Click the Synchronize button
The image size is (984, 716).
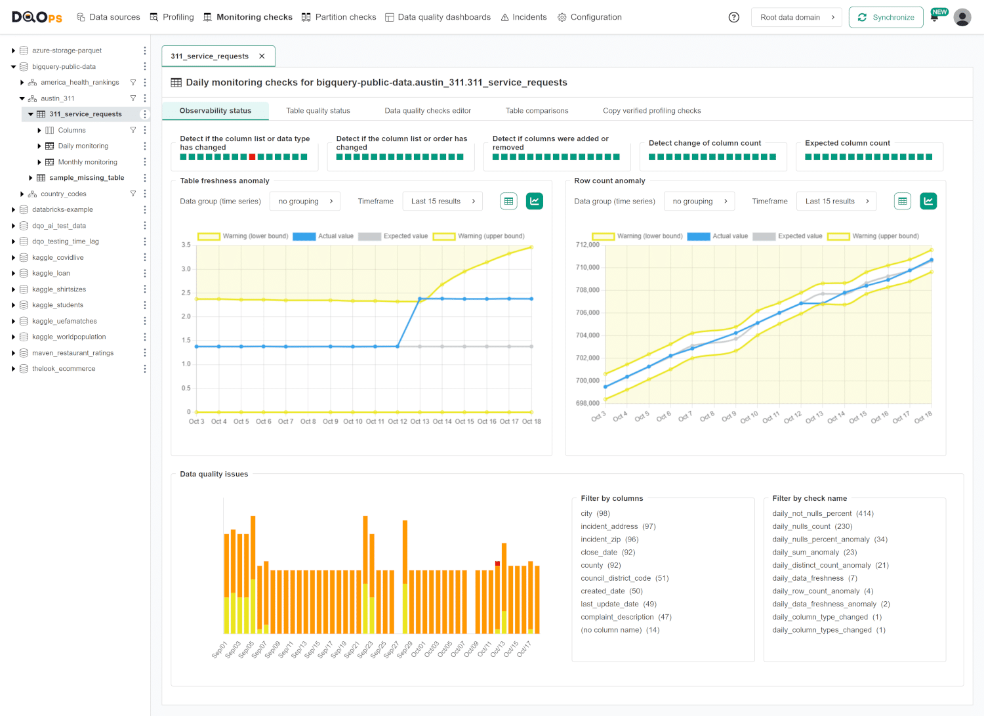[x=886, y=18]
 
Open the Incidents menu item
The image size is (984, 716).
[x=523, y=17]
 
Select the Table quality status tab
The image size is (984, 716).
[x=318, y=111]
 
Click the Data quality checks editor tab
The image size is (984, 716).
[x=427, y=111]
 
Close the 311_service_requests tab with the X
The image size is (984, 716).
[x=262, y=56]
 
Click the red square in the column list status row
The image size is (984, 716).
[x=252, y=157]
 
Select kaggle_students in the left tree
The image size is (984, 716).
[x=58, y=305]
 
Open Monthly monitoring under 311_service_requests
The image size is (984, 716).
[x=87, y=162]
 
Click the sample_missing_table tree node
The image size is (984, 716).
[x=87, y=178]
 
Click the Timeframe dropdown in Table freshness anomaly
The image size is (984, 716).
[x=443, y=201]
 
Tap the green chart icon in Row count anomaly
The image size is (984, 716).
[x=928, y=201]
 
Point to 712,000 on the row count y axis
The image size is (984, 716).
[x=587, y=245]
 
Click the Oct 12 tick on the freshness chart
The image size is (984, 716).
[x=397, y=422]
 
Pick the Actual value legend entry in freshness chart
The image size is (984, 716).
[x=323, y=236]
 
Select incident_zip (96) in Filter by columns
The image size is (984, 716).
[x=609, y=539]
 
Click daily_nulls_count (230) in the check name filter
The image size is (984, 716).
[x=812, y=526]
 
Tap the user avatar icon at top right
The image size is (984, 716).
[x=962, y=18]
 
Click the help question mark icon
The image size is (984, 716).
[x=734, y=18]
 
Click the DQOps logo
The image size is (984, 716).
[x=37, y=17]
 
